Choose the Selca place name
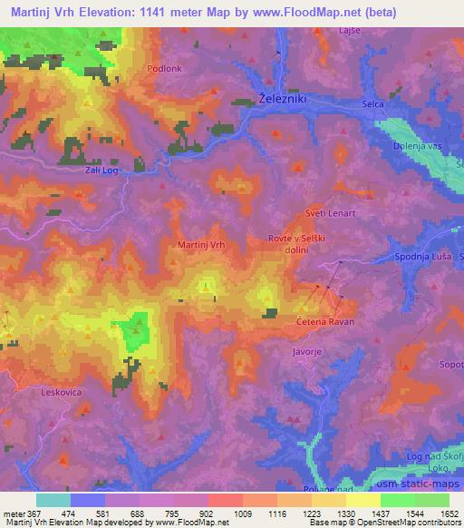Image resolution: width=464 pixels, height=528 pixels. coord(373,104)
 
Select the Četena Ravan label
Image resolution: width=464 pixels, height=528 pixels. coord(324,321)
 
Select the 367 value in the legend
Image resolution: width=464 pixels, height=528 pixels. coord(30,513)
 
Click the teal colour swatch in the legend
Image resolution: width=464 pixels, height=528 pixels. coord(53,500)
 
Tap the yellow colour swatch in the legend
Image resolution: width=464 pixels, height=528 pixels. coord(363,500)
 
